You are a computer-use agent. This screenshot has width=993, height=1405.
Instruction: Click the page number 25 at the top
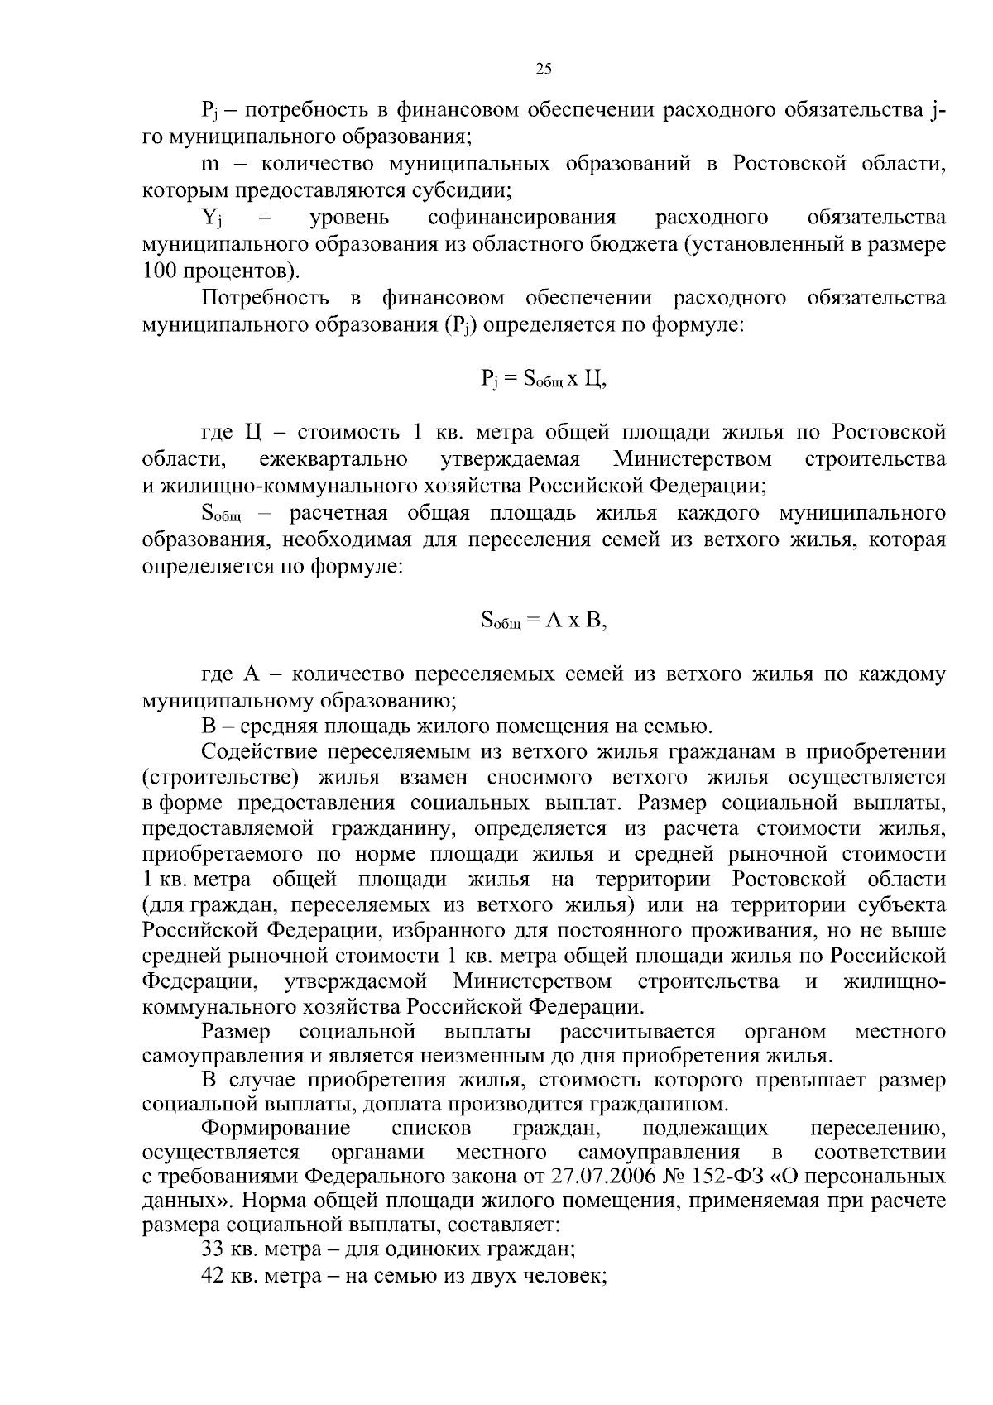544,70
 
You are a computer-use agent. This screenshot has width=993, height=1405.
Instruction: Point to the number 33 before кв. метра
213,1249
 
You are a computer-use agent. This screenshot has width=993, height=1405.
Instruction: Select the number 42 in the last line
213,1274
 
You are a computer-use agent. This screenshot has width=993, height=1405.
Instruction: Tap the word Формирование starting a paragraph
276,1129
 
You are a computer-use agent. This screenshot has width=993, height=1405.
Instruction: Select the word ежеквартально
332,458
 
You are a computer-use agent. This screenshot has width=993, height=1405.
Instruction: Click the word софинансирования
522,218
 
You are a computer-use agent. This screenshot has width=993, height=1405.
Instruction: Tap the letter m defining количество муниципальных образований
209,164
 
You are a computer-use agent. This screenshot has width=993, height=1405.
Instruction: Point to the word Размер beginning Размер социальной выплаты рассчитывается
236,1031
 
